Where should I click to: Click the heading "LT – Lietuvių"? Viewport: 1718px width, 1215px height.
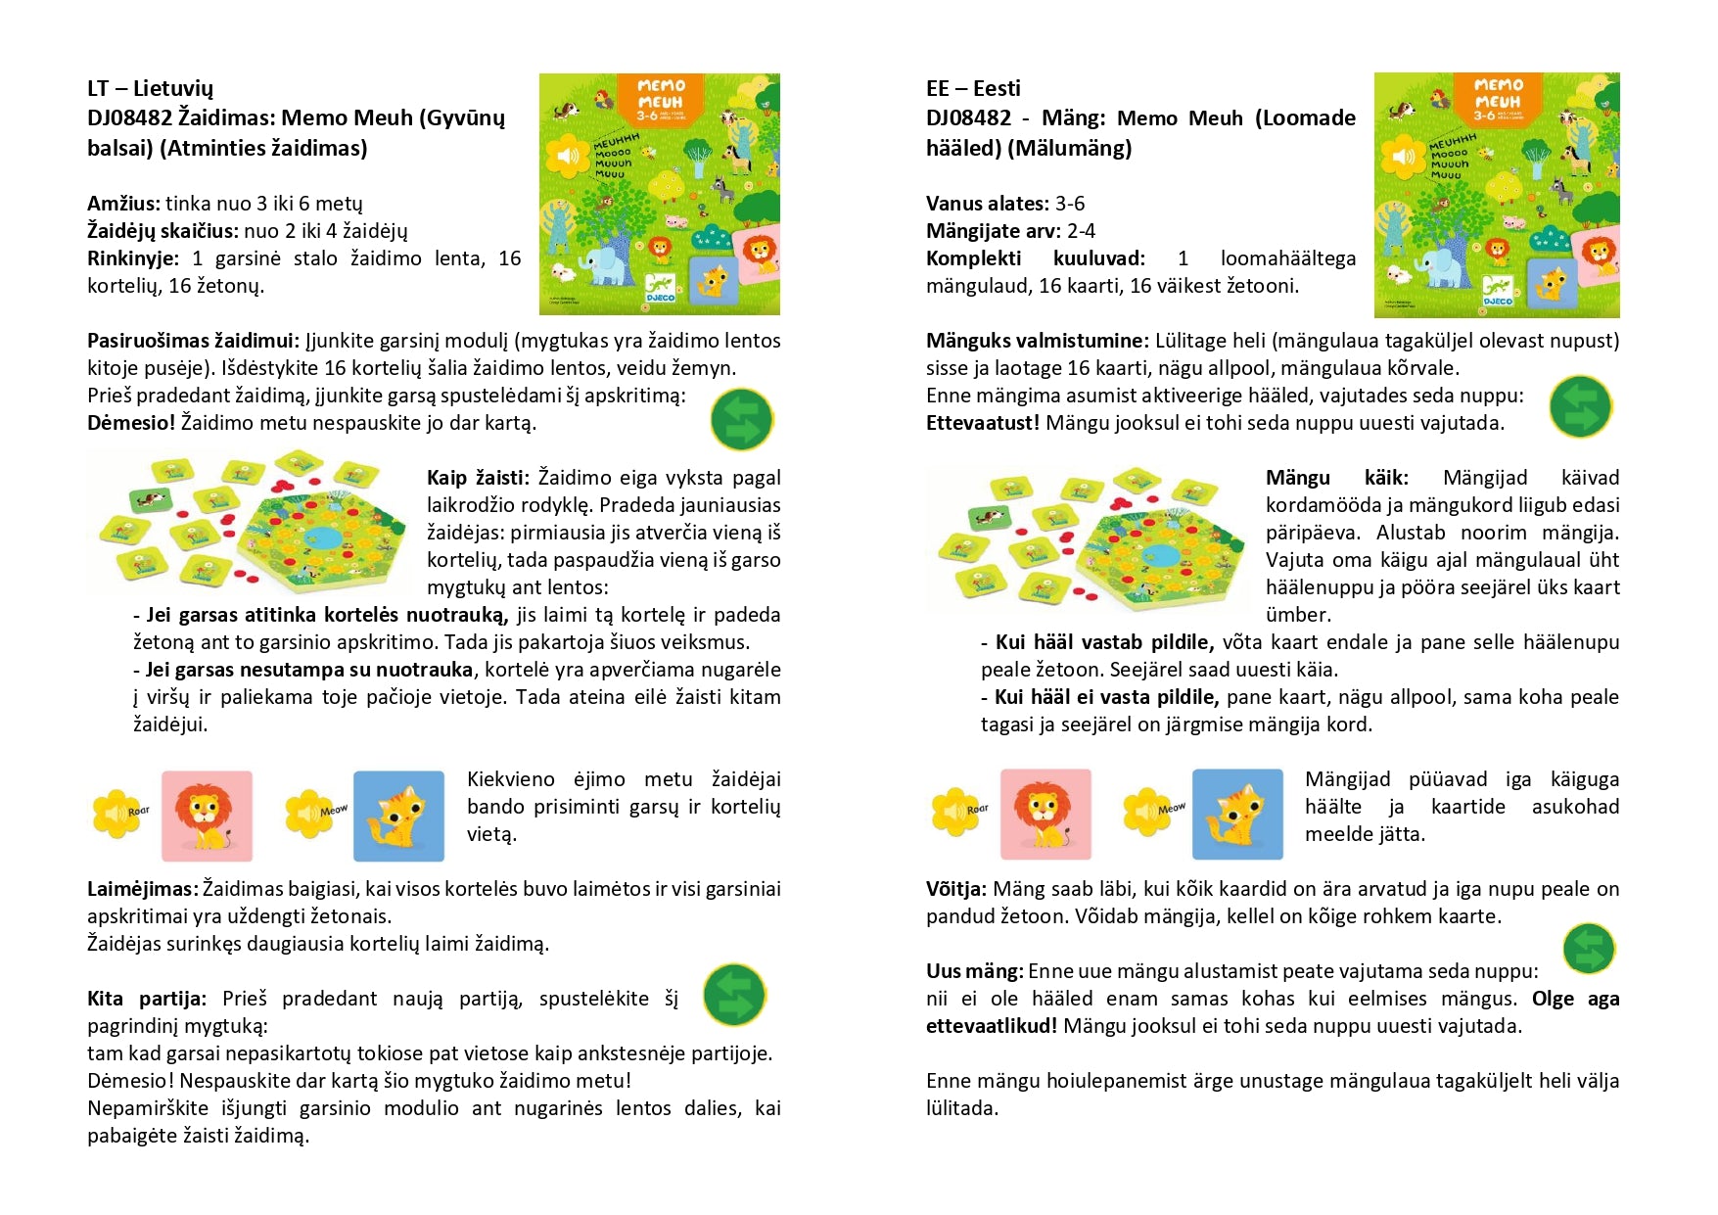pyautogui.click(x=150, y=88)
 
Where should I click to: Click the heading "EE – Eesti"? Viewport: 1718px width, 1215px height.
pyautogui.click(x=973, y=88)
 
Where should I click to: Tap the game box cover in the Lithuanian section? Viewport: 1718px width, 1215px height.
pyautogui.click(x=659, y=194)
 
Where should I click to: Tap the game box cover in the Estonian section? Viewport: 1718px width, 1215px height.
pyautogui.click(x=1497, y=194)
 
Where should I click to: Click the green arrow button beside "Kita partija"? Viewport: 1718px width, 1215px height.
pyautogui.click(x=734, y=995)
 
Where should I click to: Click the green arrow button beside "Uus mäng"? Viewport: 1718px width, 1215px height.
pyautogui.click(x=1588, y=948)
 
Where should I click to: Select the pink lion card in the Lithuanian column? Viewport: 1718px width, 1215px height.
pyautogui.click(x=207, y=816)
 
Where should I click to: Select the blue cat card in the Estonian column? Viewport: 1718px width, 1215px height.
pyautogui.click(x=1237, y=814)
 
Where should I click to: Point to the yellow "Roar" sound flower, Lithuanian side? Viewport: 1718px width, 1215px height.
pyautogui.click(x=119, y=813)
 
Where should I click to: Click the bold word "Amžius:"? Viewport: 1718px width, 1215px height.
pyautogui.click(x=123, y=204)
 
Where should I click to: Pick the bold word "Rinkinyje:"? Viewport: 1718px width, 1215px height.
pyautogui.click(x=133, y=258)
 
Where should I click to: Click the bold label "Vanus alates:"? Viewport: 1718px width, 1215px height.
pyautogui.click(x=987, y=204)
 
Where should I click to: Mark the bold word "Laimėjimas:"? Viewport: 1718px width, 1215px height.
pyautogui.click(x=143, y=889)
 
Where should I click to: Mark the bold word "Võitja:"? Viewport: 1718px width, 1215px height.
pyautogui.click(x=955, y=889)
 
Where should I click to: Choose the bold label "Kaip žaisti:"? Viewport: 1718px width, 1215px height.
pyautogui.click(x=478, y=478)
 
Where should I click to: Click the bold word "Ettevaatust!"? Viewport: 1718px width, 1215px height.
pyautogui.click(x=982, y=423)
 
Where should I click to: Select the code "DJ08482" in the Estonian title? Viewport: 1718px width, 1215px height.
pyautogui.click(x=968, y=118)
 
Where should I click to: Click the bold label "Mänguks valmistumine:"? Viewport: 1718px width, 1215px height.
pyautogui.click(x=1037, y=341)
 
